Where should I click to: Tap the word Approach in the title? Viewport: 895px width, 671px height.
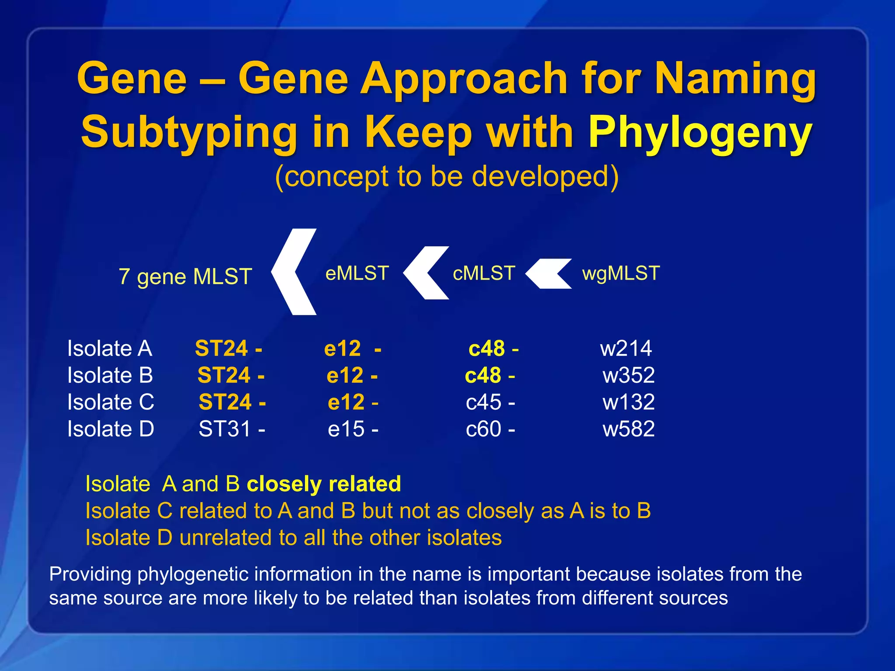[x=464, y=79]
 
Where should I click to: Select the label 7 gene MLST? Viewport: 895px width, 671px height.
[x=185, y=277]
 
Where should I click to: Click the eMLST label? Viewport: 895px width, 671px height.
[x=357, y=273]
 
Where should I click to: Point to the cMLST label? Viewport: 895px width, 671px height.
[x=484, y=273]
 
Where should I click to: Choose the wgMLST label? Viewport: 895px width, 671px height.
[x=621, y=273]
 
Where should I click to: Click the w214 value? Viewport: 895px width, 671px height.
[x=626, y=349]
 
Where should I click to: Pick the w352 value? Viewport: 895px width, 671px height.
[x=628, y=375]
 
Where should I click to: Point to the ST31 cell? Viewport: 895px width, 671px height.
[x=225, y=429]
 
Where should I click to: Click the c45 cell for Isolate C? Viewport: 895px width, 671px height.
[x=484, y=402]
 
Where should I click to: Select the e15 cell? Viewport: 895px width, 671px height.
[x=347, y=429]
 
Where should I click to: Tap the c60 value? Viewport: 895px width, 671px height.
[x=484, y=429]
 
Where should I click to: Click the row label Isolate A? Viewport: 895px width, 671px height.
[x=110, y=349]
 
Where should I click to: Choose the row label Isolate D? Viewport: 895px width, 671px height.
[x=111, y=429]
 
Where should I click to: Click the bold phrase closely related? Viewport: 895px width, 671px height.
[x=324, y=484]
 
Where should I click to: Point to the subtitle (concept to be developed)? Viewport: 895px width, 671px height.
[x=447, y=176]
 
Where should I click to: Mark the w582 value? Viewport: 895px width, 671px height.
[x=628, y=429]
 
